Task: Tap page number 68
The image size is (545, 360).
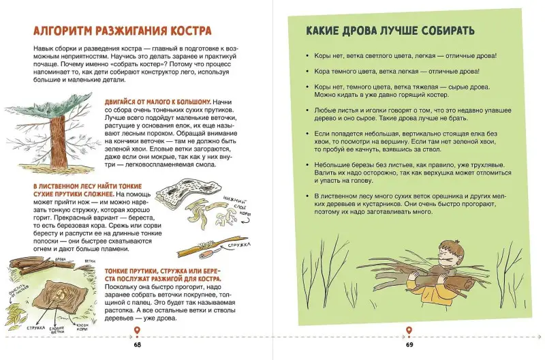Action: click(x=138, y=345)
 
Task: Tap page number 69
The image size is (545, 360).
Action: click(x=409, y=345)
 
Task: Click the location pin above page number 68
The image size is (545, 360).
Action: click(x=138, y=331)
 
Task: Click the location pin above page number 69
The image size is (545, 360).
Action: click(x=409, y=331)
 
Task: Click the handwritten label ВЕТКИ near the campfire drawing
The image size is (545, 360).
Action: click(x=90, y=261)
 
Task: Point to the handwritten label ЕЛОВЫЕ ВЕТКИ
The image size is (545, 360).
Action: click(x=57, y=330)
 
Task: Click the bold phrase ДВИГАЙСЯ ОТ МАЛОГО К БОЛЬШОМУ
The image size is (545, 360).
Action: click(x=158, y=102)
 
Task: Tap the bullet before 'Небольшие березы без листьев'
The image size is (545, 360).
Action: click(x=307, y=165)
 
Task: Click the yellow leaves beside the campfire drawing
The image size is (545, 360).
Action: click(x=16, y=313)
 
